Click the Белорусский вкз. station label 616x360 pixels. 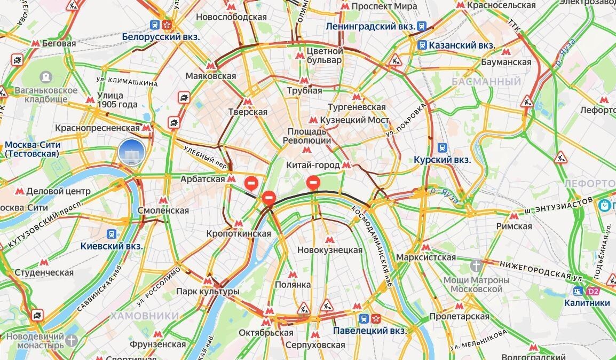pos(161,37)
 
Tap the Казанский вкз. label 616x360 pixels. pos(462,45)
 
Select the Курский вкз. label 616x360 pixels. pos(443,160)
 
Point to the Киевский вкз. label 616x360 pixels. pos(112,246)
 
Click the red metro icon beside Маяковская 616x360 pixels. pos(211,66)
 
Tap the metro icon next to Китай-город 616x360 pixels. pos(346,165)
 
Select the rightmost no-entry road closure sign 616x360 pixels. pos(313,183)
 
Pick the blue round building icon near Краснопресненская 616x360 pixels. pos(130,152)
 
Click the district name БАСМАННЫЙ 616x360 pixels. pos(486,82)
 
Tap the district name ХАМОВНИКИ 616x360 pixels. pos(145,316)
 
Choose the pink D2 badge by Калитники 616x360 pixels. pos(593,291)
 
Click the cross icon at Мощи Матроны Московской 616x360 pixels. pos(477,265)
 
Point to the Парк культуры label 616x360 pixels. pos(208,292)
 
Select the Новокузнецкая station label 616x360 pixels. pos(329,249)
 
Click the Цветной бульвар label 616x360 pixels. pos(325,56)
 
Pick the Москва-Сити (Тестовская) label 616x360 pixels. pos(33,149)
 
